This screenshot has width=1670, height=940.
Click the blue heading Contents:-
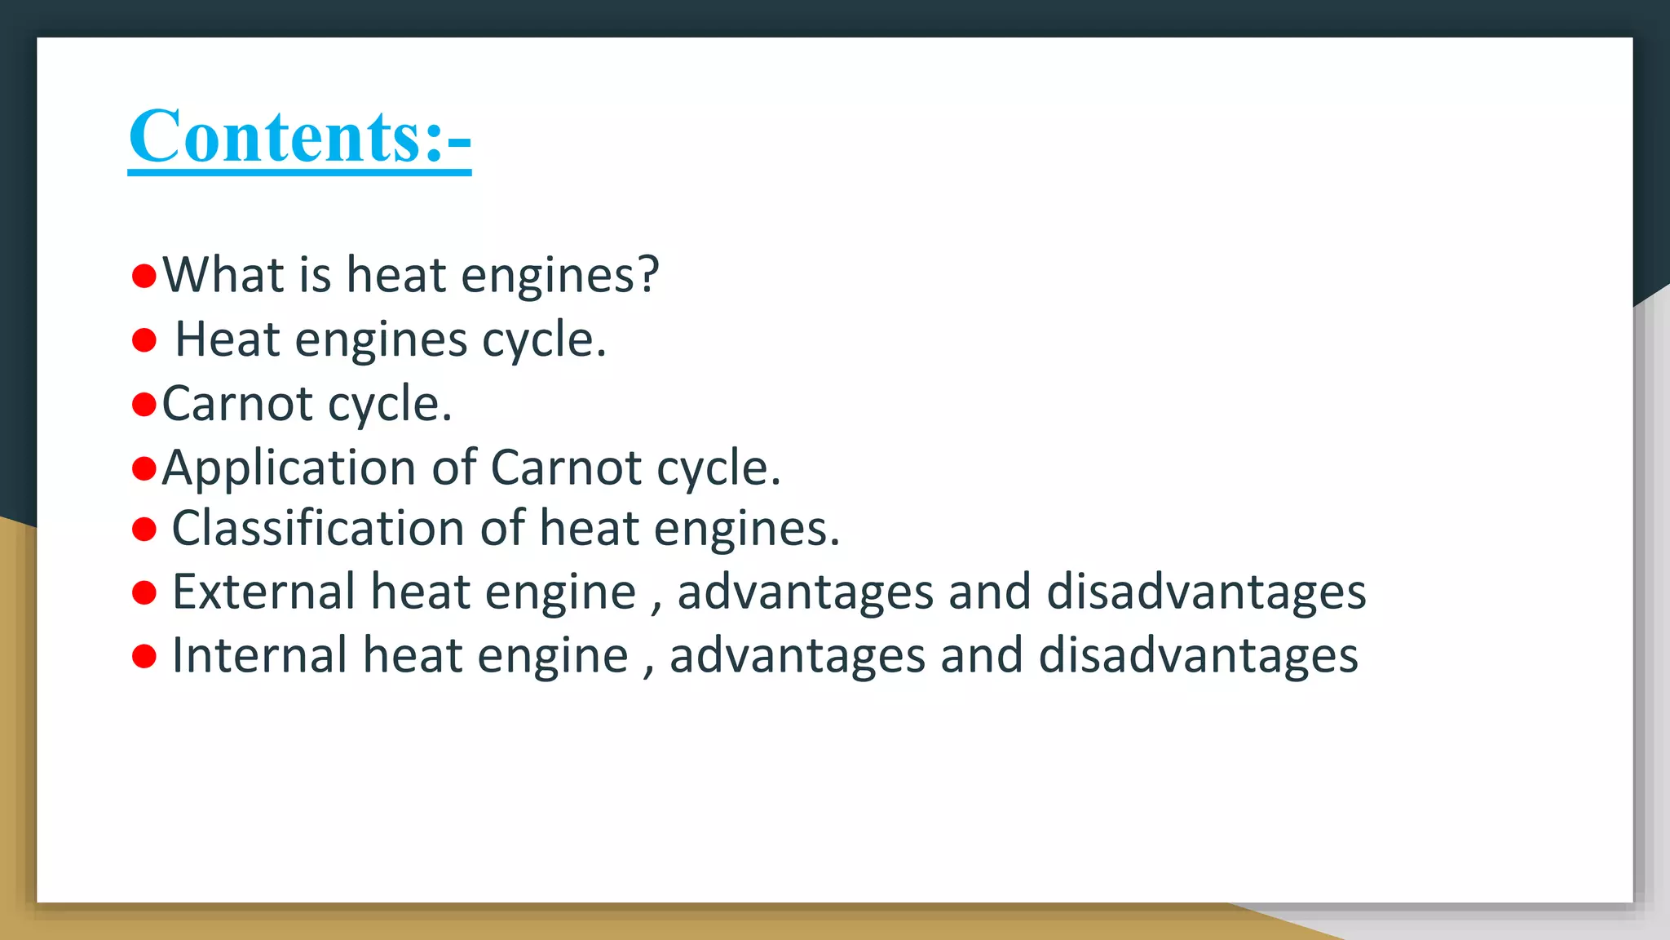click(299, 136)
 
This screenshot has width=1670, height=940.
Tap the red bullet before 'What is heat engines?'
click(144, 276)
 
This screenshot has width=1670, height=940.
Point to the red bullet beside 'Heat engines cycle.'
click(144, 340)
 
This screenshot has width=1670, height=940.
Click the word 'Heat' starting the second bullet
click(228, 339)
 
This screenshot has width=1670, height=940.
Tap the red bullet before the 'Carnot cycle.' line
click(144, 404)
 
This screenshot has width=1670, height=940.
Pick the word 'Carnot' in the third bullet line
click(237, 403)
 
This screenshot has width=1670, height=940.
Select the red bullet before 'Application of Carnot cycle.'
click(144, 468)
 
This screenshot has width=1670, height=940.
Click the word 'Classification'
click(318, 528)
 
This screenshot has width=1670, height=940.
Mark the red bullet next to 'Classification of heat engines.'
click(144, 530)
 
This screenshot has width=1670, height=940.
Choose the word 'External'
click(263, 592)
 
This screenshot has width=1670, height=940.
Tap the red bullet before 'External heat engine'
click(144, 593)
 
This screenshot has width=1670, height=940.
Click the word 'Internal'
click(259, 655)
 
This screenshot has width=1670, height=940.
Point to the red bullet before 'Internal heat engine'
click(144, 656)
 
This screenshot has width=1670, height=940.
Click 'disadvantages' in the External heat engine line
click(1206, 592)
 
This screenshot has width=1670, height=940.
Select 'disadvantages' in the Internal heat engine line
click(1198, 655)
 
